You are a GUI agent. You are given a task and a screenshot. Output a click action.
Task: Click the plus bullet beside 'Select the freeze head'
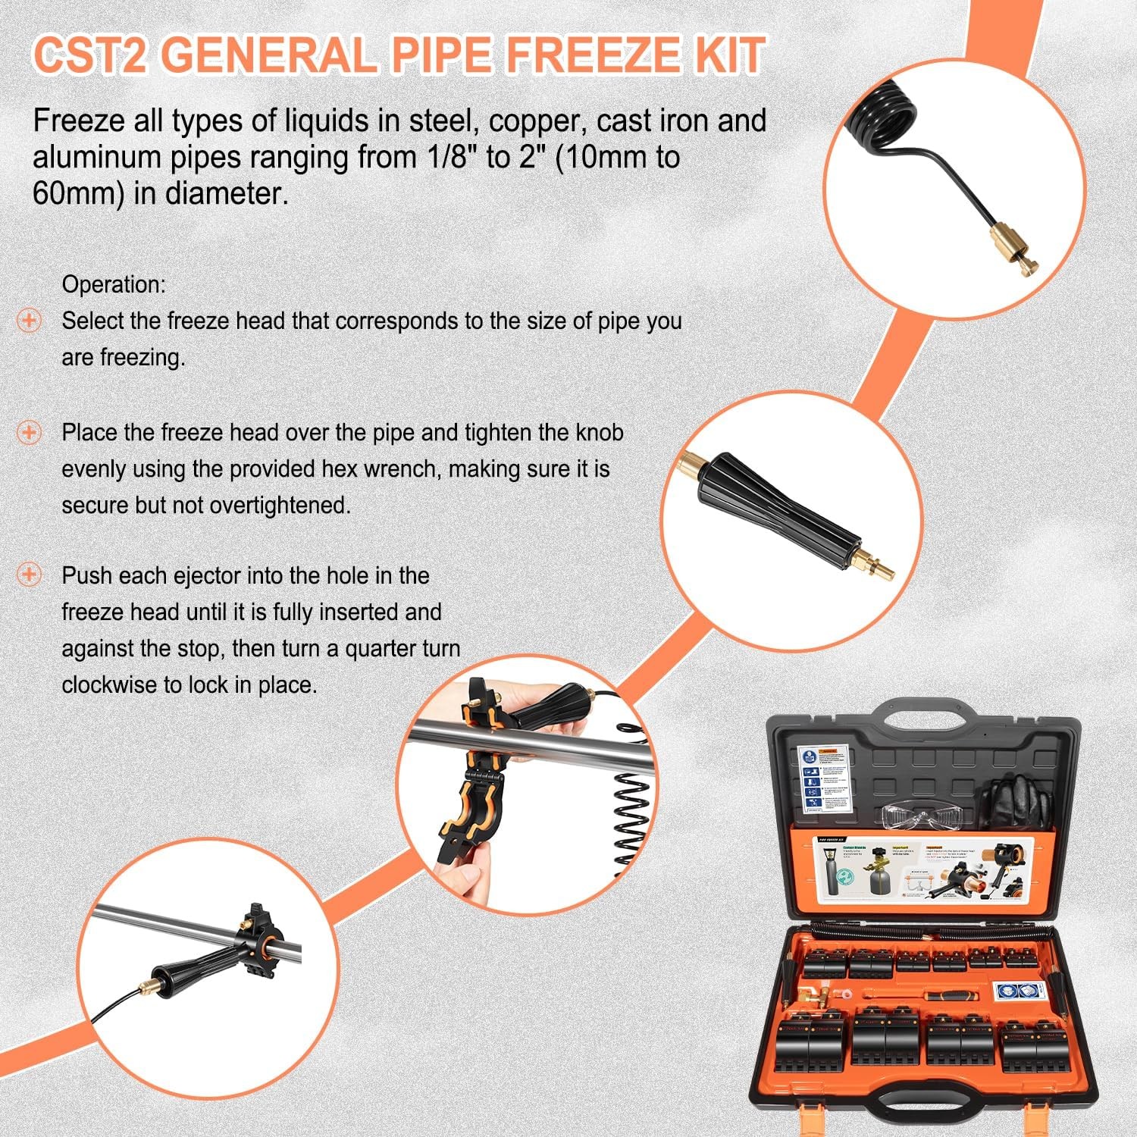pos(29,321)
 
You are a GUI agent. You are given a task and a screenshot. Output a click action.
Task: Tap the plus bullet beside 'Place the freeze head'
pos(29,433)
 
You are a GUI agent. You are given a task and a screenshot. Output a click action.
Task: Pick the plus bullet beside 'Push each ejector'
pos(29,575)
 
